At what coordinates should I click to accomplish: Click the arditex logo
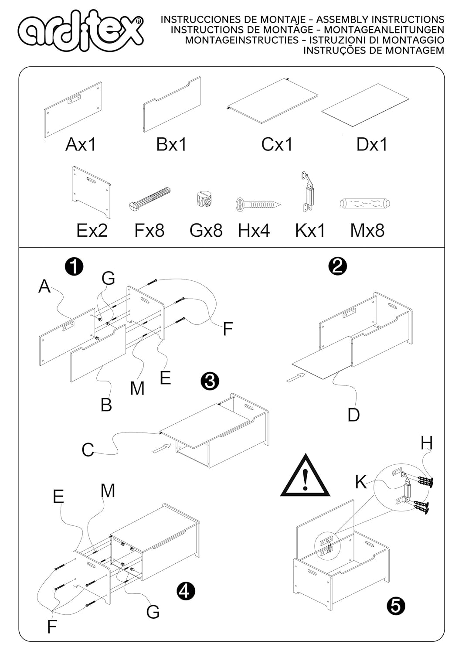(x=81, y=33)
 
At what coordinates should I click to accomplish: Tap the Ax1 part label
(x=81, y=144)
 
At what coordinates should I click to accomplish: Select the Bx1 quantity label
(x=171, y=144)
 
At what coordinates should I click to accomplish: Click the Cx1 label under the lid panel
(x=277, y=144)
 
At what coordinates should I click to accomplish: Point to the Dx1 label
(x=372, y=144)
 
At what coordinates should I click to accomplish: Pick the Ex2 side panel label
(x=92, y=230)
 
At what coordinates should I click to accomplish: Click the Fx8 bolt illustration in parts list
(x=150, y=198)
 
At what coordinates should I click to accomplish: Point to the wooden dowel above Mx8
(x=364, y=203)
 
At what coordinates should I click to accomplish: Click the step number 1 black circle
(x=74, y=266)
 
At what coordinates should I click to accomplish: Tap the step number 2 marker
(x=338, y=266)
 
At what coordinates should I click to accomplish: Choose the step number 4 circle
(x=186, y=591)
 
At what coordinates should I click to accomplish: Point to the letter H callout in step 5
(x=427, y=443)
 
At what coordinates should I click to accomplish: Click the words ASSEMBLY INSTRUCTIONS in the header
(x=380, y=20)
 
